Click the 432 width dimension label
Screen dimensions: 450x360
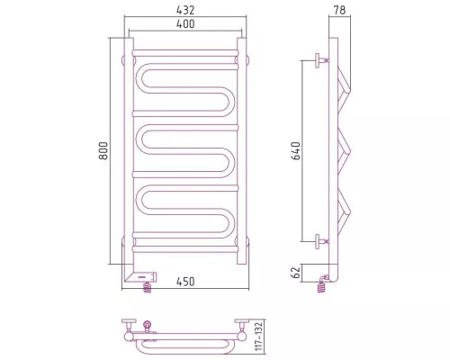click(185, 10)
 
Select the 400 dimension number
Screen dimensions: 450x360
click(185, 23)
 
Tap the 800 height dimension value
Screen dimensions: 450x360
click(103, 150)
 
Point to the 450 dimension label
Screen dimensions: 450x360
click(185, 282)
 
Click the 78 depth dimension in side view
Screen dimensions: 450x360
click(339, 10)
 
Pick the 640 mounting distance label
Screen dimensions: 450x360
click(296, 150)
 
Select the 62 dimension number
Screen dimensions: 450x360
click(296, 273)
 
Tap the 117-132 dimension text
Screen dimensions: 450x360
click(258, 337)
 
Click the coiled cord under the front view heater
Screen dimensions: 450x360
click(147, 288)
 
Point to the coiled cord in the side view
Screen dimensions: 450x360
click(321, 287)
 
